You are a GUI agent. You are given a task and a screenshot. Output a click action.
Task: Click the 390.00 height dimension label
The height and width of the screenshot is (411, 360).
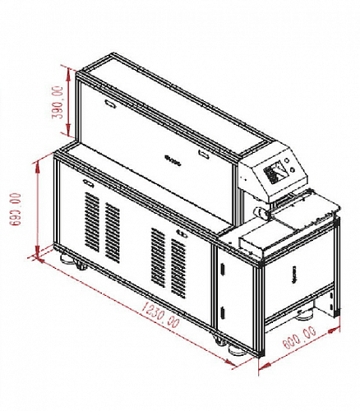click(58, 103)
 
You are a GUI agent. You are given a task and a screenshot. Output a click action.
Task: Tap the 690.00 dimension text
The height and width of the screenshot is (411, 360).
click(16, 210)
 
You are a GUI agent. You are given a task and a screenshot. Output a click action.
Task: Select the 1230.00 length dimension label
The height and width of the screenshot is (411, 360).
click(161, 315)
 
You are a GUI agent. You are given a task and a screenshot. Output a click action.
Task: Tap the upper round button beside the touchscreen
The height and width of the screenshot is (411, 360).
click(287, 161)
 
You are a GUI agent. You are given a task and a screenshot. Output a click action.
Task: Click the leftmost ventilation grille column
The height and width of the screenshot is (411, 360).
click(92, 222)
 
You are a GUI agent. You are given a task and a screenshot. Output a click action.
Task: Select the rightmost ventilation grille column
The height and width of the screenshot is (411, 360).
click(178, 268)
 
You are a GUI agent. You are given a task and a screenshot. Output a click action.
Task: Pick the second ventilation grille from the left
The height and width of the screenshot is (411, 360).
click(113, 233)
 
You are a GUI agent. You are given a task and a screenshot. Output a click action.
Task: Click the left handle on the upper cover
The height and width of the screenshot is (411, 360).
click(110, 104)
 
